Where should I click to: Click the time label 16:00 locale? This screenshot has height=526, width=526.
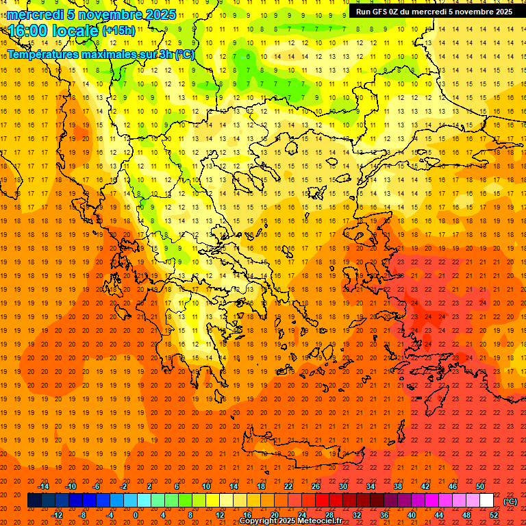coord(53,30)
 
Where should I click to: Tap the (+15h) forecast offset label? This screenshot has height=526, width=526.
coord(118,30)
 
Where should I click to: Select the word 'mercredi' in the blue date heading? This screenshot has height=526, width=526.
coord(36,14)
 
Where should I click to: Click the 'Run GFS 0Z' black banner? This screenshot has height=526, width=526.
coord(434,11)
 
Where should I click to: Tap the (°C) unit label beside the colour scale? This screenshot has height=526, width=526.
coord(510,501)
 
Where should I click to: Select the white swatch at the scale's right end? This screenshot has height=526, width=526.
coord(486,501)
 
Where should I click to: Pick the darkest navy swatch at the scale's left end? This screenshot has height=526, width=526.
coord(34,501)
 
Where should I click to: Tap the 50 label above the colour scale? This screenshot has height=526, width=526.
coord(480,486)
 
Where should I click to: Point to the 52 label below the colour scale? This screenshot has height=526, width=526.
coord(494,515)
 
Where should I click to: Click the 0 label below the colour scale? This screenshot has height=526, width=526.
coord(136,515)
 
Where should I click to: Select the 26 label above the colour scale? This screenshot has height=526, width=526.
coord(316,486)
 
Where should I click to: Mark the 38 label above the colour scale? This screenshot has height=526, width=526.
coord(398,486)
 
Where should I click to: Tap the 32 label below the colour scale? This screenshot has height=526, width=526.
coord(357,515)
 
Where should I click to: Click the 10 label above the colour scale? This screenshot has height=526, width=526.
coord(206,486)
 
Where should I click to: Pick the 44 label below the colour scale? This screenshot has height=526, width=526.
coord(439,515)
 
